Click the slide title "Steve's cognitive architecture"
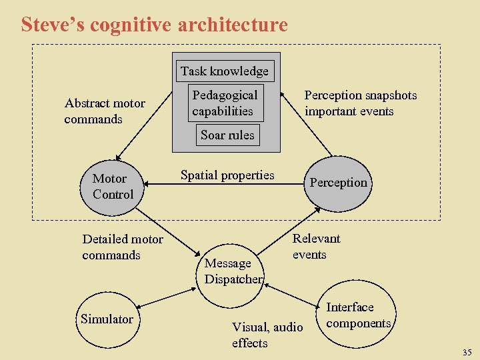pyautogui.click(x=154, y=25)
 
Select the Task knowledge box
pyautogui.click(x=224, y=71)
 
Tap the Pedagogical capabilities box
pyautogui.click(x=224, y=103)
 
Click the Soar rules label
pyautogui.click(x=227, y=135)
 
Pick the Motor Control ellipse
pyautogui.click(x=113, y=187)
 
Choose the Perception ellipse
pyautogui.click(x=338, y=183)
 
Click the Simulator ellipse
pyautogui.click(x=107, y=319)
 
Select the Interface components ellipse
pyautogui.click(x=358, y=315)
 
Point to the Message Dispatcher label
pyautogui.click(x=233, y=271)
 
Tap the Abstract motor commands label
pyautogui.click(x=105, y=111)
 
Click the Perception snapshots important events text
pyautogui.click(x=360, y=103)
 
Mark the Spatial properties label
pyautogui.click(x=227, y=175)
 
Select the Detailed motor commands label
pyautogui.click(x=123, y=247)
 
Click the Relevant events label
pyautogui.click(x=316, y=246)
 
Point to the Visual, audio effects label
pyautogui.click(x=267, y=335)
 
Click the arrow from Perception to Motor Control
pyautogui.click(x=227, y=185)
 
